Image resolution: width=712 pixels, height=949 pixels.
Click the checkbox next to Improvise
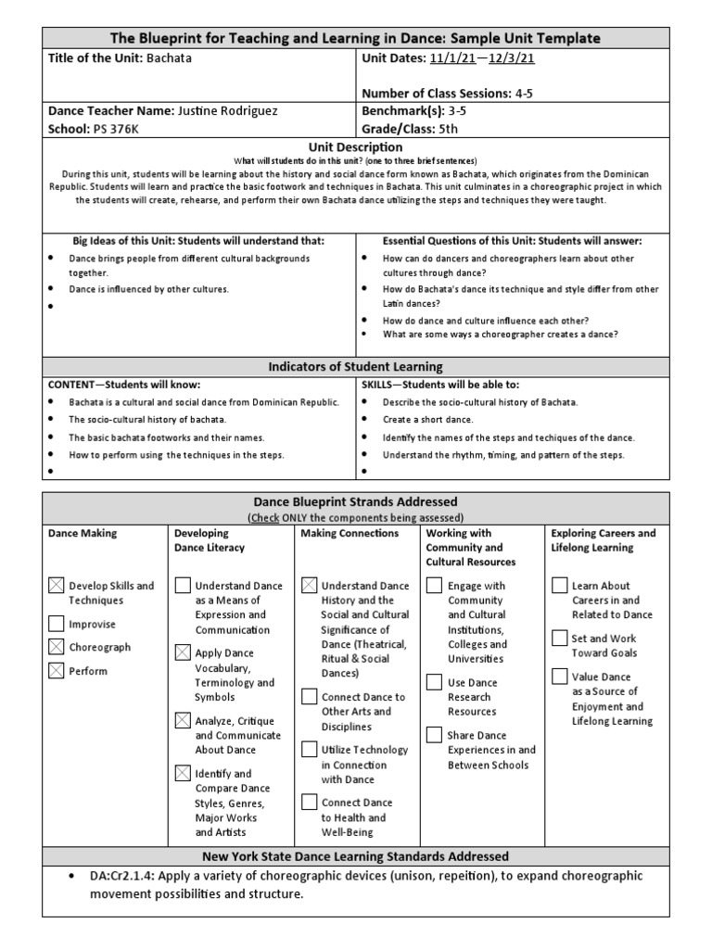57,624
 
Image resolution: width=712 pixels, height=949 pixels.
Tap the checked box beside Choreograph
57,647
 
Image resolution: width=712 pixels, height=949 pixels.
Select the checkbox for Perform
57,670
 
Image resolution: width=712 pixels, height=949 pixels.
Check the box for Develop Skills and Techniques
57,586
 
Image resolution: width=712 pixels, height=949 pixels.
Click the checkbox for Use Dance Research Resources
434,682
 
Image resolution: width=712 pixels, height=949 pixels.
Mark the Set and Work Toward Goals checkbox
559,638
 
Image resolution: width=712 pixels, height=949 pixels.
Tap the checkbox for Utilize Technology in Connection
310,750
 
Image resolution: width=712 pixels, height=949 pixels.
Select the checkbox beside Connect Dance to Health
310,803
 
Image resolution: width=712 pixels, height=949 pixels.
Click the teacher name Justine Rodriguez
227,110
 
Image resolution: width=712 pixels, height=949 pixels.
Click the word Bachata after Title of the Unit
168,57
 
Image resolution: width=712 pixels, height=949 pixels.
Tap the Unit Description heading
356,146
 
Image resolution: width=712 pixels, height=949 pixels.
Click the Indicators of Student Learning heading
356,366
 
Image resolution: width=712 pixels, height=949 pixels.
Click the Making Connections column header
350,533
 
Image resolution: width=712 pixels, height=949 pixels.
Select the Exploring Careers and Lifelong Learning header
603,540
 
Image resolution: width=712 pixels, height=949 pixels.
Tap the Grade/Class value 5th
451,129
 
